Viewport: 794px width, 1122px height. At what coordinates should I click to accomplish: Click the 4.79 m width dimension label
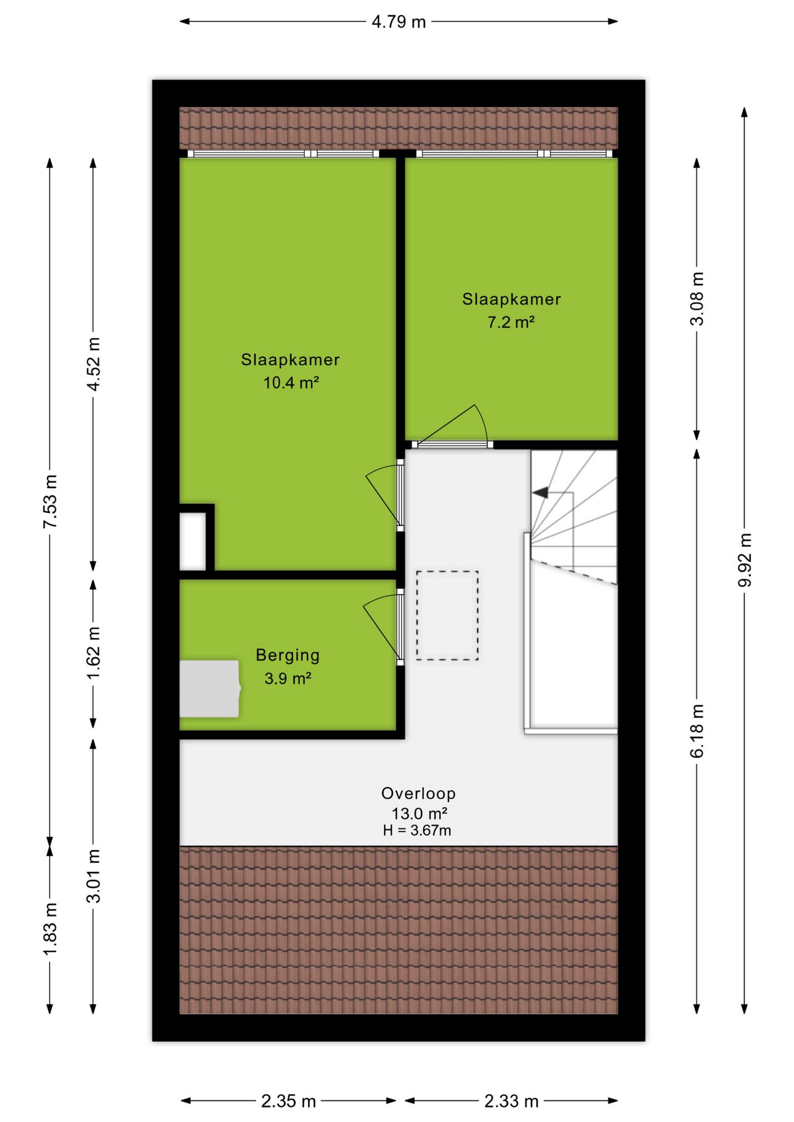point(399,22)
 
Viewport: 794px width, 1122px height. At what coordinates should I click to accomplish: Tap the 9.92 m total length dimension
point(745,560)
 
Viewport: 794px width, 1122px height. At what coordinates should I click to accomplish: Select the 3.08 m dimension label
point(697,299)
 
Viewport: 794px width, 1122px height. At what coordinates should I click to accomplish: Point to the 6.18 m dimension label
point(697,731)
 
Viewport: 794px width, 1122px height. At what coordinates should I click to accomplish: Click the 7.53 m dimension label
point(50,501)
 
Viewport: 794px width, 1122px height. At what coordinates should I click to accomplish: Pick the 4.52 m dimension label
point(94,363)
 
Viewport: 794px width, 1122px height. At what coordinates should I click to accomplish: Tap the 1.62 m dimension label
point(94,653)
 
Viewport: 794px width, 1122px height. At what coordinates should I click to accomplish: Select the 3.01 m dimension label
point(94,876)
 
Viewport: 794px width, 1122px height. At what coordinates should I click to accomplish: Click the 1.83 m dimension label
point(50,930)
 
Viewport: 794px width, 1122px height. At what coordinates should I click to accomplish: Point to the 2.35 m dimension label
point(288,1102)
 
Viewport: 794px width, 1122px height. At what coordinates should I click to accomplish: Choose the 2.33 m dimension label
point(511,1102)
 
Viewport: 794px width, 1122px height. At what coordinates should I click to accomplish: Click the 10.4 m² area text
point(291,383)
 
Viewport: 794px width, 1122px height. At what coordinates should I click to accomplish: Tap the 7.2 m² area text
point(511,322)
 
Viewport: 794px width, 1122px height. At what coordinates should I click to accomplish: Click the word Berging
point(288,656)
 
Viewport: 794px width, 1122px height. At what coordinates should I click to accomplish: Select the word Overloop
point(419,793)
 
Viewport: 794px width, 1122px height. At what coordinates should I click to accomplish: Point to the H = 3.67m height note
point(417,830)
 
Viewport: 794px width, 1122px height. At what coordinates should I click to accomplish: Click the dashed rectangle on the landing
point(447,616)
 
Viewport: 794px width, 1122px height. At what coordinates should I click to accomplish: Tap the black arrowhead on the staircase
point(540,493)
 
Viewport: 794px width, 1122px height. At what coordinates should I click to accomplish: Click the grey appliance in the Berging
point(209,689)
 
